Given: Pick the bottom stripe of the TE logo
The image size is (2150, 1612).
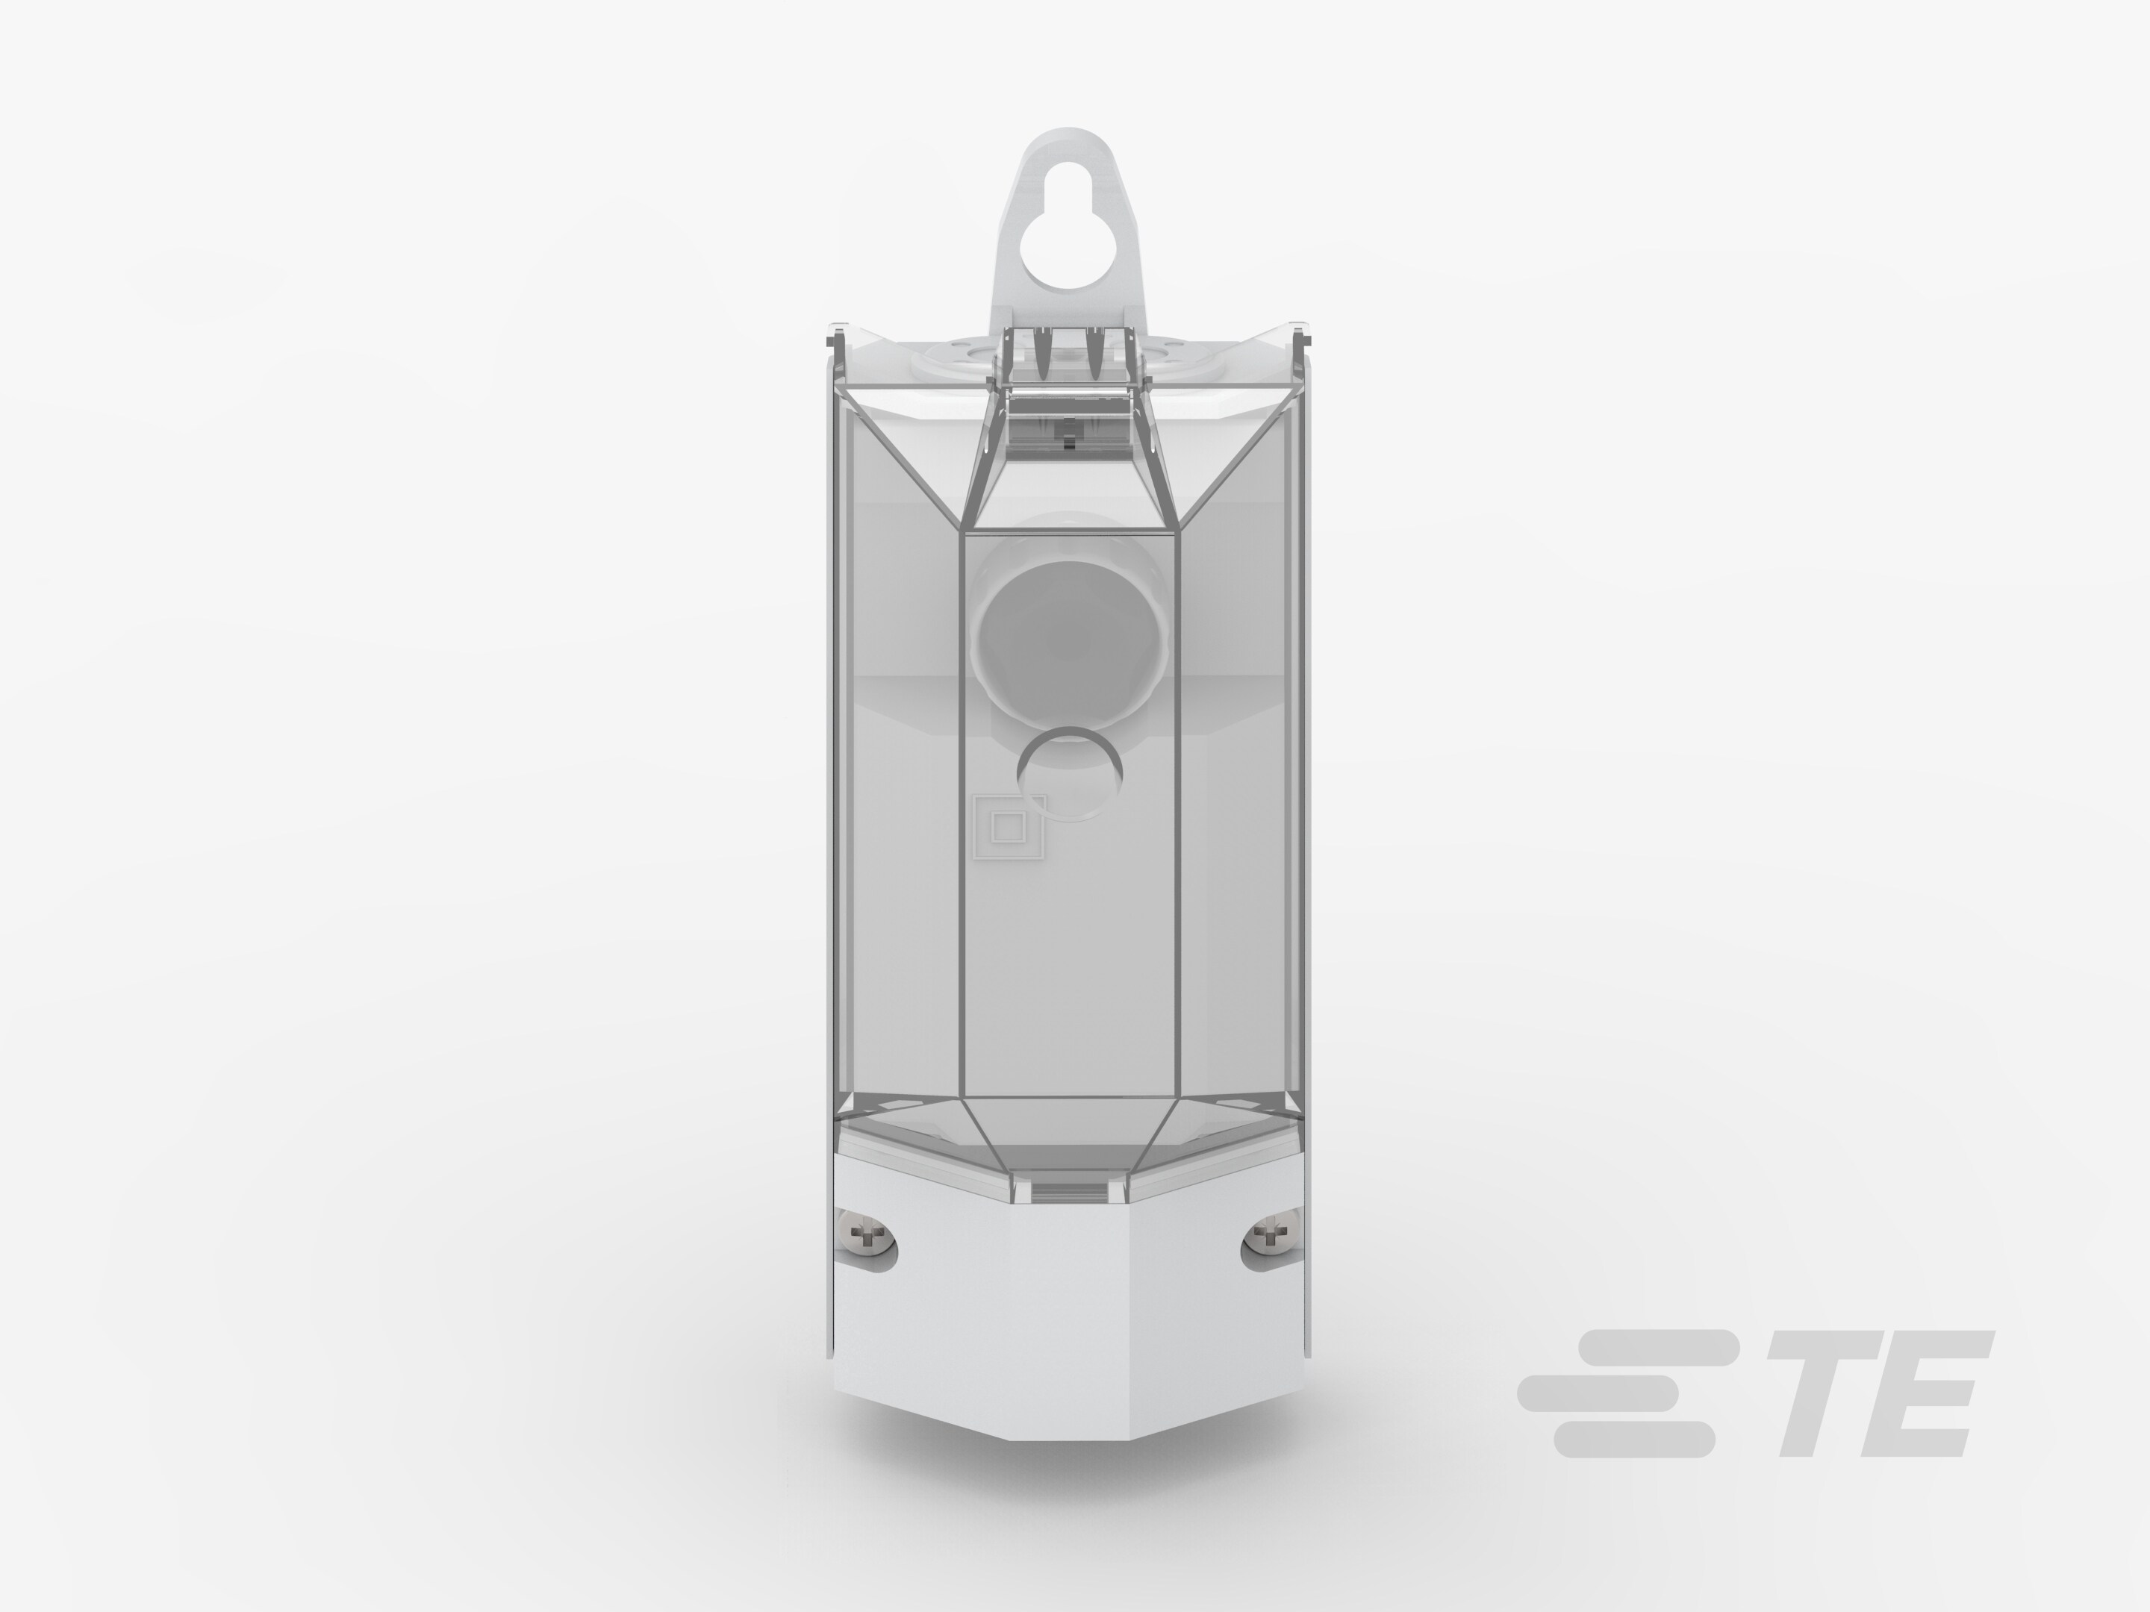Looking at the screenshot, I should [x=1633, y=1439].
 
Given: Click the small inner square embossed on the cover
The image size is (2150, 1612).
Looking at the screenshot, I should [x=1007, y=827].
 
